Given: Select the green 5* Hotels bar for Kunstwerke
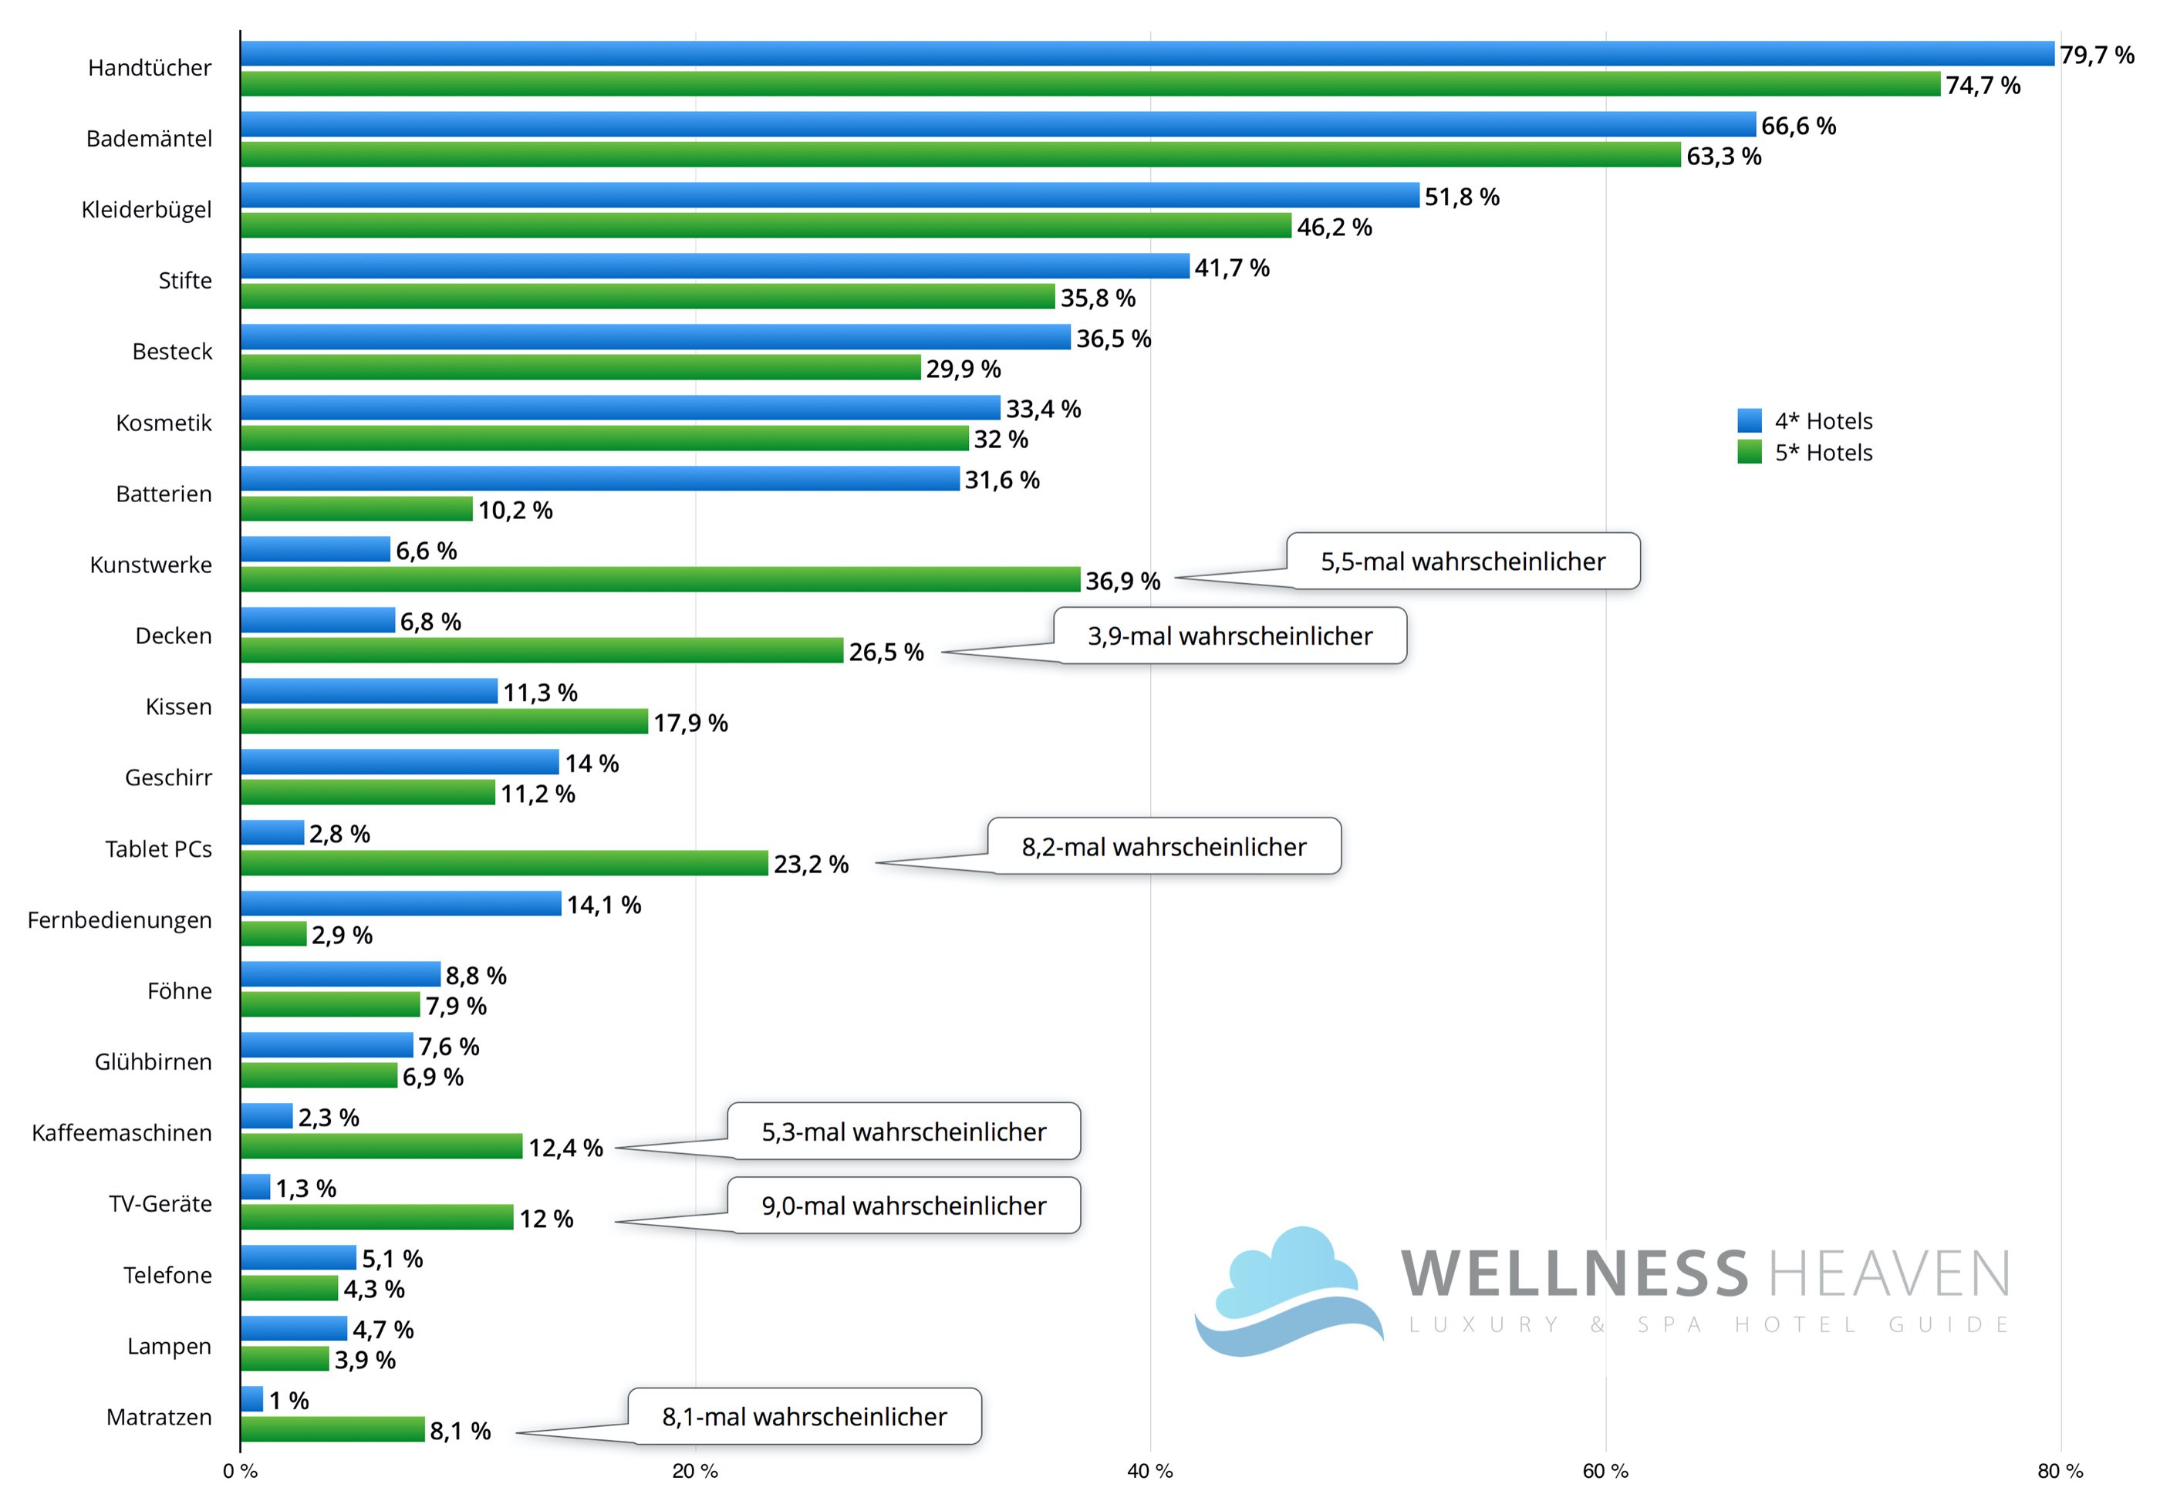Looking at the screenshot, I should [660, 579].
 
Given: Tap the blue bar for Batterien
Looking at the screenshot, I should [599, 479].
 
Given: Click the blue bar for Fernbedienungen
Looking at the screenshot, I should [401, 903].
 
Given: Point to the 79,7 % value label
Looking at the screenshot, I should [2096, 56].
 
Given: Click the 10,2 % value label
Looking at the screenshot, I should [515, 510].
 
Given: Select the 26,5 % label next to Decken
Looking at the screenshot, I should [886, 652].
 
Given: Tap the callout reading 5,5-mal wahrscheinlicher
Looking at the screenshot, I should [1462, 562].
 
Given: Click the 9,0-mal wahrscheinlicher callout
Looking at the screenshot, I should [903, 1206].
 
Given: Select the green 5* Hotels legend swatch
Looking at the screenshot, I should [1749, 453].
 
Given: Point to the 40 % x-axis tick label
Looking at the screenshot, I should [1149, 1472].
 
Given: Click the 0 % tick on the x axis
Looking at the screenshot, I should [241, 1472].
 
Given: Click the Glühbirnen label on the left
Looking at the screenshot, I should [153, 1062].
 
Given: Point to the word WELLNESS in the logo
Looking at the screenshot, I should [1574, 1274].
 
